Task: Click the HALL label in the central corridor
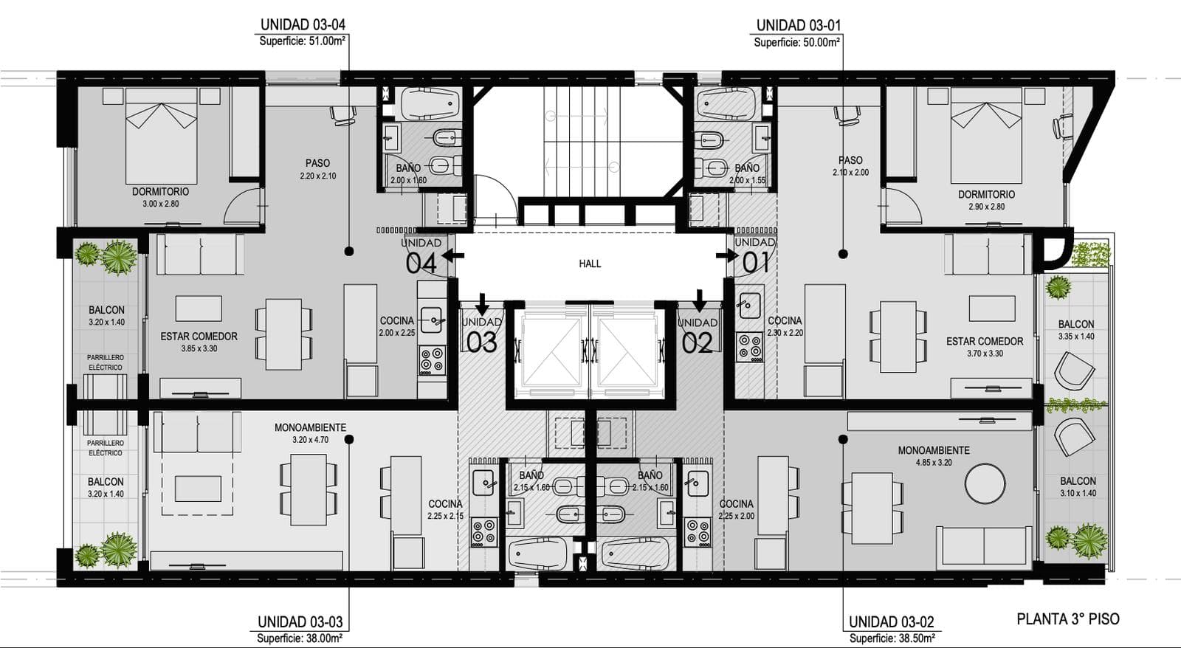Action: click(x=590, y=263)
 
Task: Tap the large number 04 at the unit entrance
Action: click(x=421, y=263)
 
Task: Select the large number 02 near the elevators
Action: click(x=697, y=342)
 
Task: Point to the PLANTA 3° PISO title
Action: click(x=1067, y=619)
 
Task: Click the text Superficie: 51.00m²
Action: click(x=302, y=41)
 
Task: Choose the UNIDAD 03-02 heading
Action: click(x=891, y=621)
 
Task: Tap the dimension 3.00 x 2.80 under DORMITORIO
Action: click(x=161, y=204)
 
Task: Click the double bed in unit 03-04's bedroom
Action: click(x=161, y=136)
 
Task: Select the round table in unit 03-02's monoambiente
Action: click(x=985, y=483)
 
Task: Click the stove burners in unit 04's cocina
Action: click(x=432, y=360)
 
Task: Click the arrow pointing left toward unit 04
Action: click(x=453, y=255)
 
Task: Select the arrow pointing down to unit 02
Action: click(x=700, y=300)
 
